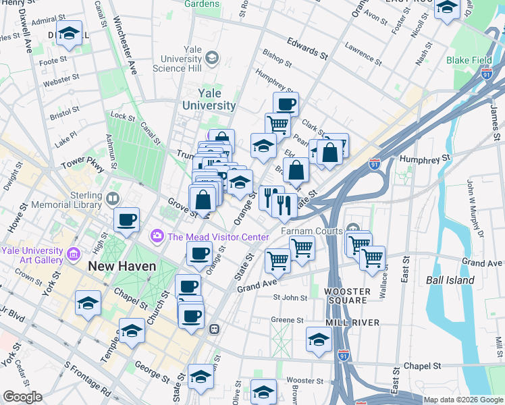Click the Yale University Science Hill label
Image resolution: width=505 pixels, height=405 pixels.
178,59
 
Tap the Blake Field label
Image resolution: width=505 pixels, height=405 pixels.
469,60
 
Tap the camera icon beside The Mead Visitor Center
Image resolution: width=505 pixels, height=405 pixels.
157,236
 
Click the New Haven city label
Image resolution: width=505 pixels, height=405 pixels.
122,266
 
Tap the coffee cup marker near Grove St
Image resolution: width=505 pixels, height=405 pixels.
127,219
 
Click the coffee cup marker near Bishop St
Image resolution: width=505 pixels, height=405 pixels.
286,103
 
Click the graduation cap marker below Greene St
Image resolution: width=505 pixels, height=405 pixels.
317,340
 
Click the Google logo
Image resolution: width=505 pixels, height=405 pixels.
22,397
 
